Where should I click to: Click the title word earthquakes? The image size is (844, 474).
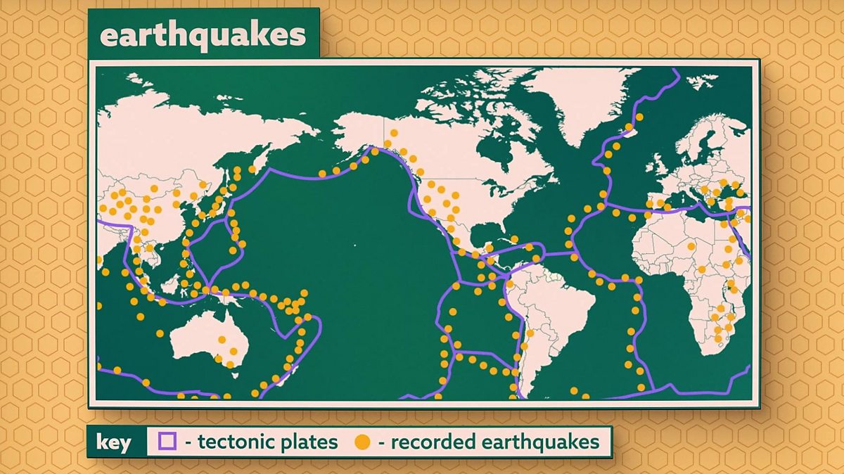coord(203,34)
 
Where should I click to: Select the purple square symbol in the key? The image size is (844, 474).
coord(167,442)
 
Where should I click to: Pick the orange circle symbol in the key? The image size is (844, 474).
coord(362,442)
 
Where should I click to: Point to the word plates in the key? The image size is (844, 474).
coord(309,442)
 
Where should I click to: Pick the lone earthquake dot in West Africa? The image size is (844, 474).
coord(692,246)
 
